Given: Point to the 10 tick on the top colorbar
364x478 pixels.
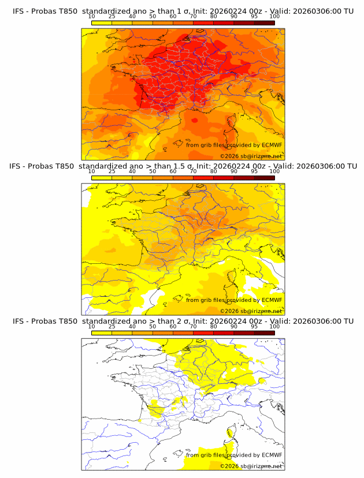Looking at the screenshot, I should (x=92, y=17).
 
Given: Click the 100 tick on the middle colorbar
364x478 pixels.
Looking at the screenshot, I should (x=274, y=171).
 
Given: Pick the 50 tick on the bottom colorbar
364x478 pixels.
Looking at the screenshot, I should (x=153, y=327).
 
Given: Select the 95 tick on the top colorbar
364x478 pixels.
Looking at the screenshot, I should (x=254, y=17).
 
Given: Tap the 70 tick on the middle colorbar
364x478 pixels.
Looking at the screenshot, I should (x=193, y=171).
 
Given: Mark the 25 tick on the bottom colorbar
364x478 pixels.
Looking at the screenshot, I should (x=112, y=327).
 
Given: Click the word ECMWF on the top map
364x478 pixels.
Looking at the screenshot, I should (x=272, y=145).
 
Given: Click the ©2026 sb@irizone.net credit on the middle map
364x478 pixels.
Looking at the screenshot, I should (x=251, y=311).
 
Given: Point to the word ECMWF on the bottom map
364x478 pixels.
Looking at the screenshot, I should (x=272, y=455).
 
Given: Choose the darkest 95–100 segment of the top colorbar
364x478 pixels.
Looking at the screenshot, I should (x=264, y=23).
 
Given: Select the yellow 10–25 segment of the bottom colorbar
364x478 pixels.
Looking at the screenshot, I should (x=102, y=333).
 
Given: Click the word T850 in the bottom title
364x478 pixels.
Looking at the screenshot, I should (x=66, y=321).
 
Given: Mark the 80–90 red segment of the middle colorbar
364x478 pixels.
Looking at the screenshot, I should (x=224, y=177).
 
